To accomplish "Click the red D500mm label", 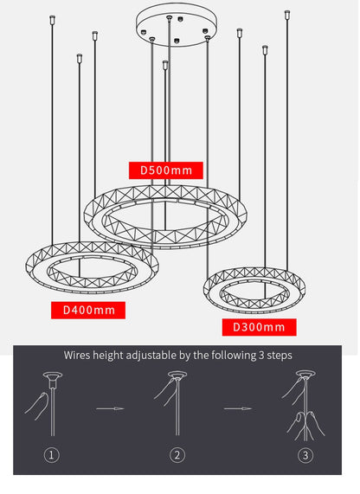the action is coord(166,170).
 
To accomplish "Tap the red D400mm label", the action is coord(88,311).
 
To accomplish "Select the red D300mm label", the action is coord(259,327).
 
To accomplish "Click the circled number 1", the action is coord(52,455).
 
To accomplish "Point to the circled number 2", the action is coord(177,455).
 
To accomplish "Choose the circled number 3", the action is coord(305,455).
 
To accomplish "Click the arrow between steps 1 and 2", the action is coord(110,408).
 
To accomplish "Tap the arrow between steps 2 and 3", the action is coord(238,408).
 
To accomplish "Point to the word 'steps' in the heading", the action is coord(280,356).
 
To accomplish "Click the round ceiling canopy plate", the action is coord(177,24).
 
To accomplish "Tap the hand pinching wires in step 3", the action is coord(305,426).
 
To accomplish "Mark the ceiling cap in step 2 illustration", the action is coord(177,375).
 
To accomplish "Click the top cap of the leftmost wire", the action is coord(52,20).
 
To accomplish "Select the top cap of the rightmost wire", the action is coord(287,15).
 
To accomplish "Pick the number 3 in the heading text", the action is coord(261,356).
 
